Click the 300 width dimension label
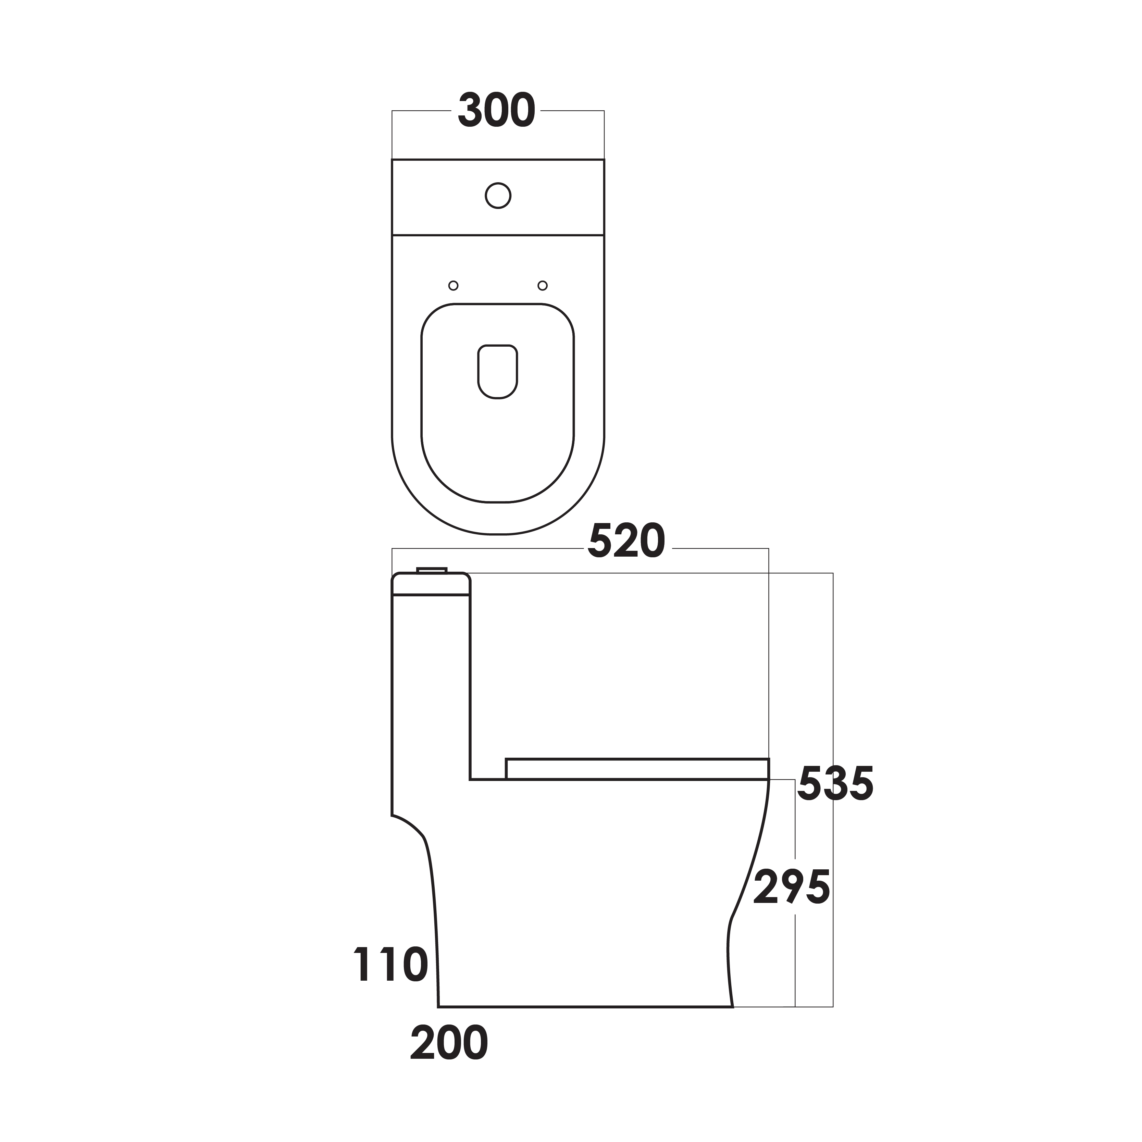pos(497,111)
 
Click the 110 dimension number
pos(391,965)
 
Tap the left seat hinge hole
pos(454,286)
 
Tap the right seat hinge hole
pos(543,286)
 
